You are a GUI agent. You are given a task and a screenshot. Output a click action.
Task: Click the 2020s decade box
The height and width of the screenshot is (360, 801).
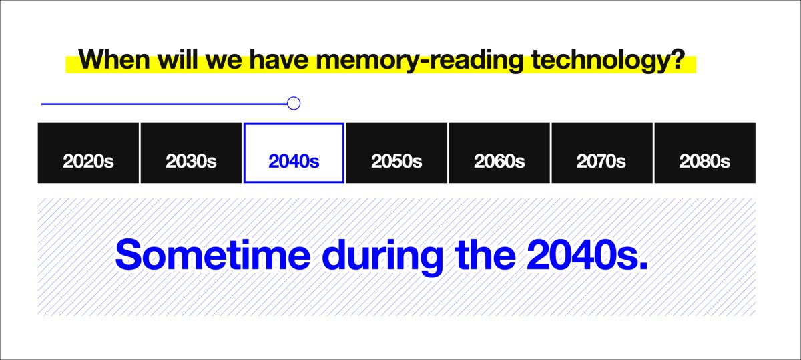[88, 153]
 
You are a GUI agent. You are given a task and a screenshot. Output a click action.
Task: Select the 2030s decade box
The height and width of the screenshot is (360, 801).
[191, 153]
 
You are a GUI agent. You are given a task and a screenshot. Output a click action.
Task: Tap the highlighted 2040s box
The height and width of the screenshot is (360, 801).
[294, 153]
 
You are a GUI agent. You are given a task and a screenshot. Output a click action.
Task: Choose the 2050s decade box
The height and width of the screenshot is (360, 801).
[396, 153]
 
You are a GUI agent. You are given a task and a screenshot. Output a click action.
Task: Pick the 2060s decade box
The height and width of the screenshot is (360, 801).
[499, 153]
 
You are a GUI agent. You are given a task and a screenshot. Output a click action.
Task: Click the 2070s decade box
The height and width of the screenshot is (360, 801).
[602, 153]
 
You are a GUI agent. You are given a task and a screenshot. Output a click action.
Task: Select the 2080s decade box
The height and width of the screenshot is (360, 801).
[705, 153]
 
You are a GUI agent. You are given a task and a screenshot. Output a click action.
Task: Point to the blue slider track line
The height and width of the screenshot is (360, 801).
[164, 104]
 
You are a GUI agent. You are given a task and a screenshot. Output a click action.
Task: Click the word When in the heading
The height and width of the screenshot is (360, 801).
[114, 59]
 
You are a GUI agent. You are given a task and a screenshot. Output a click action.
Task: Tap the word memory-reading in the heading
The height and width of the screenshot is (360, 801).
[420, 61]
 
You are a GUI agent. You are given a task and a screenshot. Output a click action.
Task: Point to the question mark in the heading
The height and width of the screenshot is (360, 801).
[678, 59]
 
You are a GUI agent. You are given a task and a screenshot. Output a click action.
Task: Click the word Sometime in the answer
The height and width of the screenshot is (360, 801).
[213, 254]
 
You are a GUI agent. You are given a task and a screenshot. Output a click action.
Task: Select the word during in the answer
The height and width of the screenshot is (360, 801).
[382, 258]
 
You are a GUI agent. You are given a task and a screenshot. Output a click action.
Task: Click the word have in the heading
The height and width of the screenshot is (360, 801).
[279, 59]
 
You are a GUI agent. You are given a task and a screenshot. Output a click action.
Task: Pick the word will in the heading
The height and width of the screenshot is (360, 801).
[178, 59]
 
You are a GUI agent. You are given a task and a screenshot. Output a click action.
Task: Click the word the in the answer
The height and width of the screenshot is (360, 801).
[485, 254]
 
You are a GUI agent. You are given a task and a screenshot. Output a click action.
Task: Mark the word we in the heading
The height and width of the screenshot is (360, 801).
[224, 61]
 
